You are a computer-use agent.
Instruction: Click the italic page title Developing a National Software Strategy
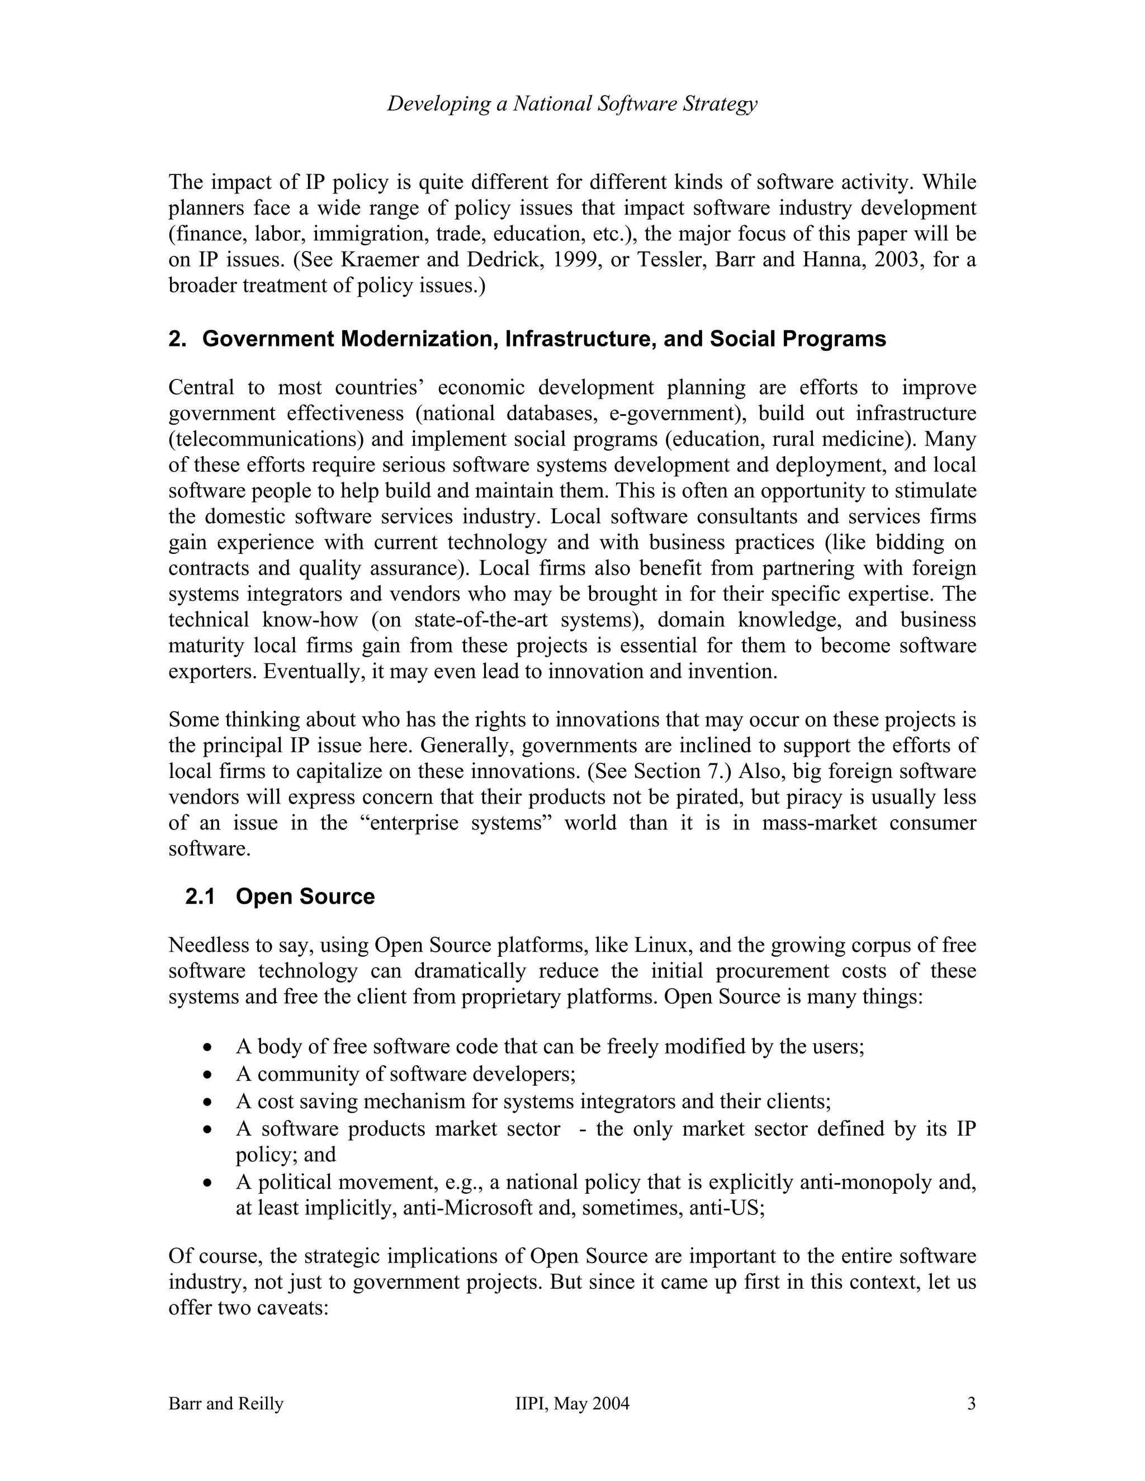coord(572,104)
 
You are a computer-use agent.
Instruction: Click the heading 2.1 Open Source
coord(280,896)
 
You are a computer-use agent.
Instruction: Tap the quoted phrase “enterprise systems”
coord(457,823)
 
